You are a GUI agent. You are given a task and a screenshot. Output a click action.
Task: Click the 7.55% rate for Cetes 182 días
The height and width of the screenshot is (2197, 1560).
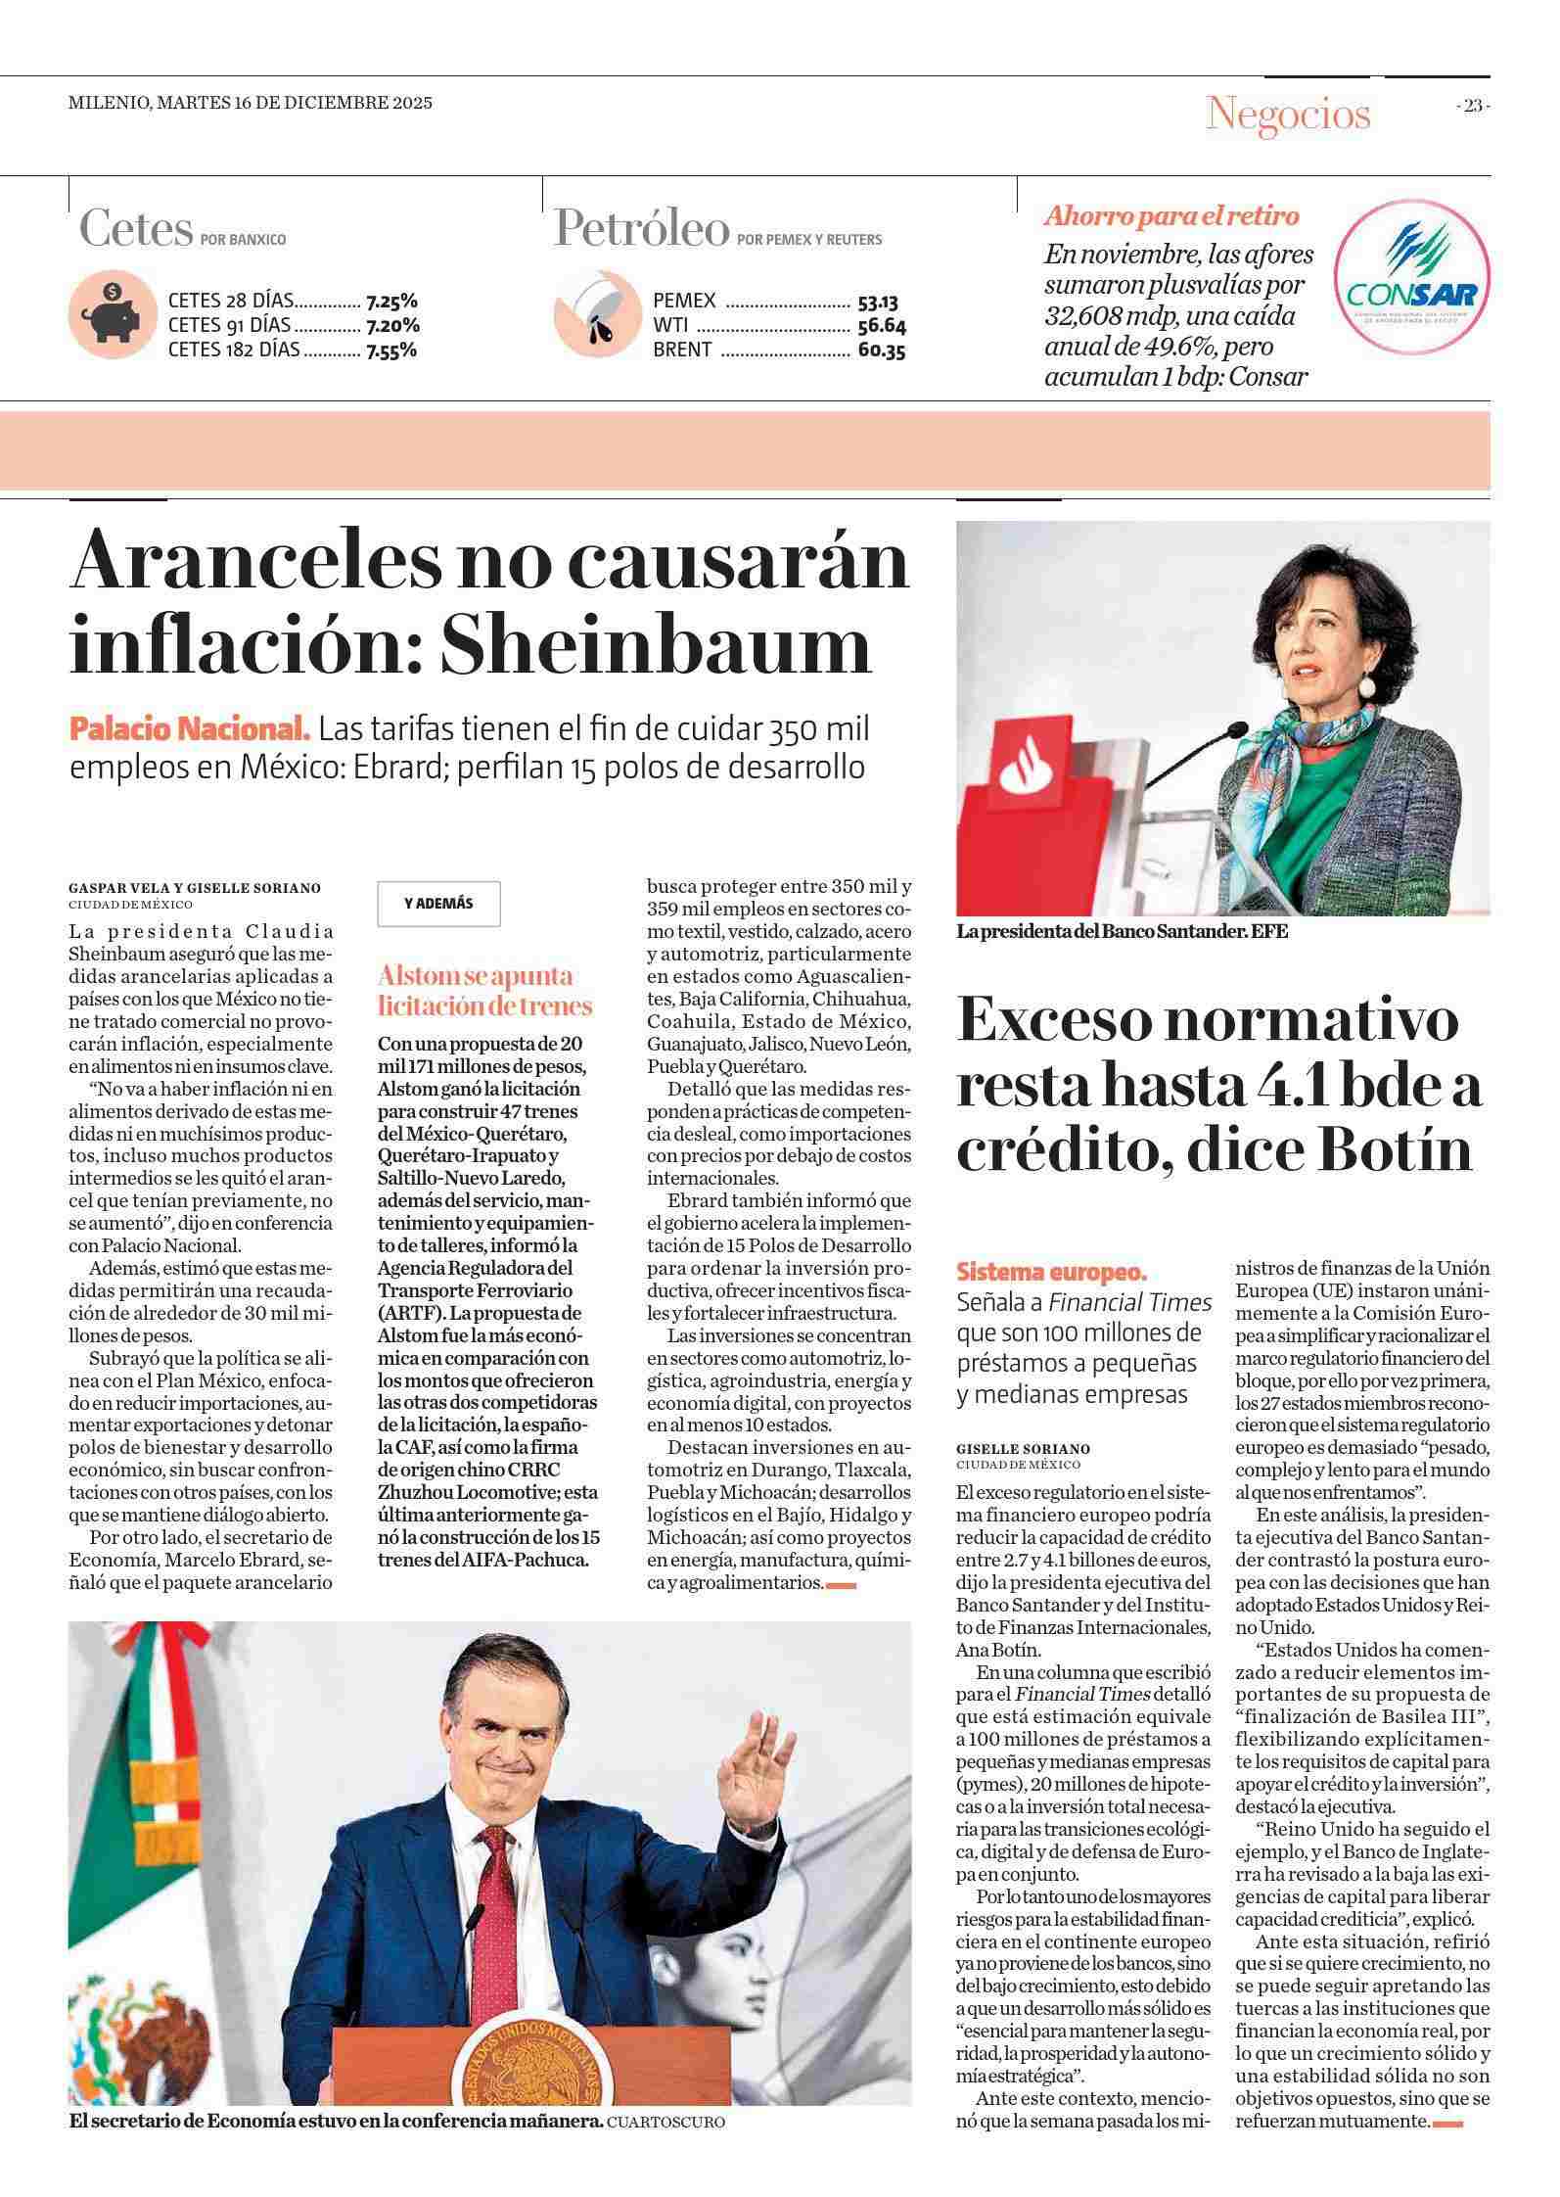[x=391, y=350]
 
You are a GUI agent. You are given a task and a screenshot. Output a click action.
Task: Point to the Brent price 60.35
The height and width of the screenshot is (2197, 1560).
[x=881, y=350]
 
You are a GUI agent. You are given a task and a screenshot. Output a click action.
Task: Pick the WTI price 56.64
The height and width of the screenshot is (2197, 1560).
[x=881, y=326]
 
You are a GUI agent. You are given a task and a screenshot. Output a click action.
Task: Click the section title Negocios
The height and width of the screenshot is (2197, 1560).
[x=1288, y=114]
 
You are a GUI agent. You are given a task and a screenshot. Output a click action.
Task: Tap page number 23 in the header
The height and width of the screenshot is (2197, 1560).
[x=1472, y=107]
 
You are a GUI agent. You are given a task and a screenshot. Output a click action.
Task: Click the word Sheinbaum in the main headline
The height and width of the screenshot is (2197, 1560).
[x=655, y=645]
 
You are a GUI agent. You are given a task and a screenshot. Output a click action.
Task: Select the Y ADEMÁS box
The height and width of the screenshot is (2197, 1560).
[x=438, y=903]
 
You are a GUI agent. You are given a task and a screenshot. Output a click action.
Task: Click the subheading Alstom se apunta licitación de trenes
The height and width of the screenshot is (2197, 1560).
[x=485, y=990]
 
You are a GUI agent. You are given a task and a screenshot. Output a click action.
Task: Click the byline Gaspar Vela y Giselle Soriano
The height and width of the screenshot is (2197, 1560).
[x=195, y=888]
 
